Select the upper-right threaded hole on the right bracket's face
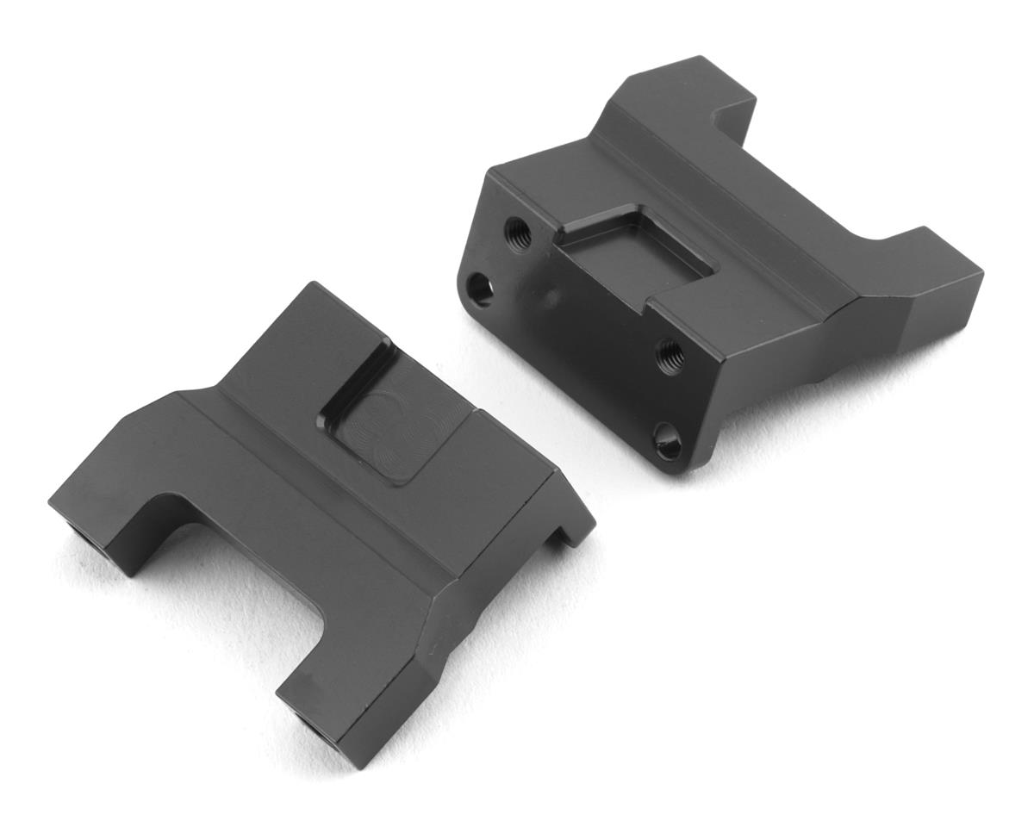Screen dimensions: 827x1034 pos(670,355)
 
